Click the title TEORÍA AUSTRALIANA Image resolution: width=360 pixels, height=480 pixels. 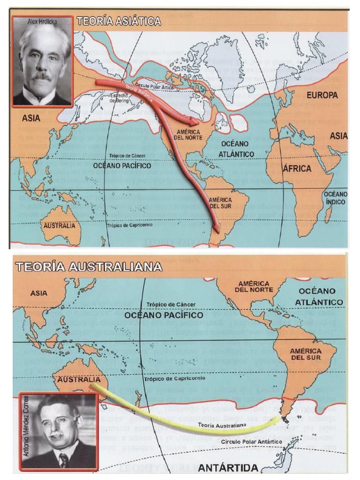89,267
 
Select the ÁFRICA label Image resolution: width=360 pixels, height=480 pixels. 296,168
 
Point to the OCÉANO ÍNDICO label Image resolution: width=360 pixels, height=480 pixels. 336,198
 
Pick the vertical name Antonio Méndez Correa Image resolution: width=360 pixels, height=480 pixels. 25,431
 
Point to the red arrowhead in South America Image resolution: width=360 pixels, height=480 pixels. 216,228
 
